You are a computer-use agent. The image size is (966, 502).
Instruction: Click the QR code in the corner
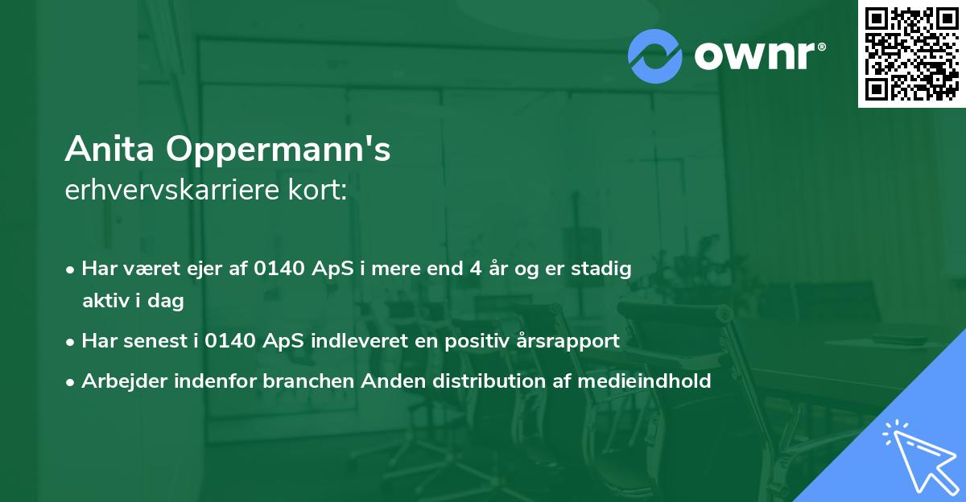point(911,54)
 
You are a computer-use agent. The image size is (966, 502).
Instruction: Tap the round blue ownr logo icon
point(655,56)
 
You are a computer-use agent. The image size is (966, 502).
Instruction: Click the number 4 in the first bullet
point(477,269)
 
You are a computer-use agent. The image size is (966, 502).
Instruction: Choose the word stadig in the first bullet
point(604,269)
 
